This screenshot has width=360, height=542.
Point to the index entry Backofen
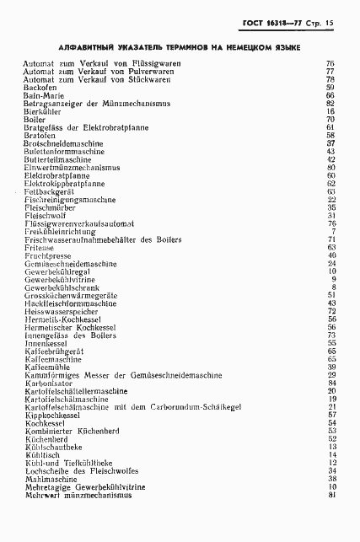coord(40,87)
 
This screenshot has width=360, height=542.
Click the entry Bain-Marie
coord(43,95)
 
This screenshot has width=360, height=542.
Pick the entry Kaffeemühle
coord(49,367)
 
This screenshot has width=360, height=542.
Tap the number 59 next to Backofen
coord(331,87)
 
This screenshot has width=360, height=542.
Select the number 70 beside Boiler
coord(331,120)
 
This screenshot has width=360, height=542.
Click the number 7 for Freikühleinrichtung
coord(334,231)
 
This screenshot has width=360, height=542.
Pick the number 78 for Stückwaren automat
coord(331,79)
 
